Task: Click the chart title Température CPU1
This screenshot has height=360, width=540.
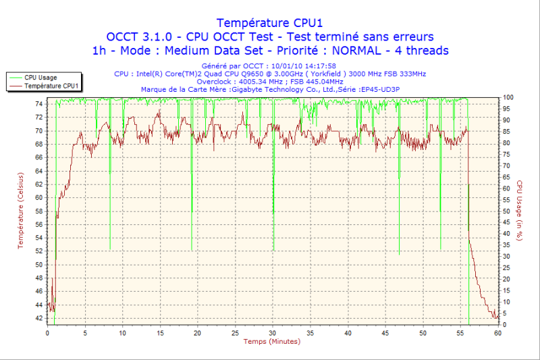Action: [269, 22]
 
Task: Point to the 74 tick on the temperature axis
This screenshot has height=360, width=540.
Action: [38, 104]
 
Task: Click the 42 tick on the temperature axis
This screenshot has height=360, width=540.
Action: [38, 317]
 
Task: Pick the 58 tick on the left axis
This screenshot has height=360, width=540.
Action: [38, 211]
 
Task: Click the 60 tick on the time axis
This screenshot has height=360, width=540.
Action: [497, 333]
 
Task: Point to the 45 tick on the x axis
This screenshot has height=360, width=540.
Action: [385, 333]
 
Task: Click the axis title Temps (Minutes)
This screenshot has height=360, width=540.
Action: [271, 342]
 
